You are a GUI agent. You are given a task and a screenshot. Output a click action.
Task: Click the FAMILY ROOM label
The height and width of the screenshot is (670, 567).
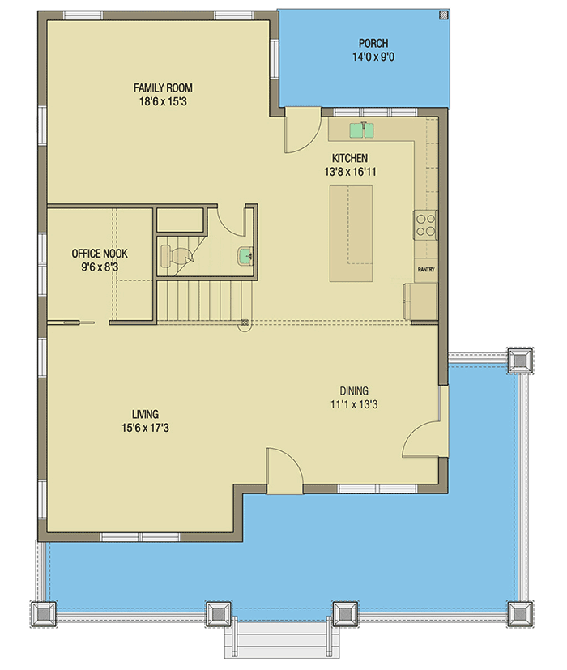163,88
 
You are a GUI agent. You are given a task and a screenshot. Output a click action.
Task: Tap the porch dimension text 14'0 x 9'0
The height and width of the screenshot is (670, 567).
373,58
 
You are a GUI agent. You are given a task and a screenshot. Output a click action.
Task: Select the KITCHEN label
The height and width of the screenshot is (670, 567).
349,158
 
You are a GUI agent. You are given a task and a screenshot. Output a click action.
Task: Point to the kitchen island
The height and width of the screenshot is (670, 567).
351,233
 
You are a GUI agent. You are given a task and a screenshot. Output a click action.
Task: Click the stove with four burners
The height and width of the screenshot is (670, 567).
425,224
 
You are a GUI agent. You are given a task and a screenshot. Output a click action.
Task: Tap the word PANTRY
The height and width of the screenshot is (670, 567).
426,269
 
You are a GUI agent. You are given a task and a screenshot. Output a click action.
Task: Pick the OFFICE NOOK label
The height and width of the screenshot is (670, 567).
100,254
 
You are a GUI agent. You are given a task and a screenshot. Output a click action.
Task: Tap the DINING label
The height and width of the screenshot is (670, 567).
355,390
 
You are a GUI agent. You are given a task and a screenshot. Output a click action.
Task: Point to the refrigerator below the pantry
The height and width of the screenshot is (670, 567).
420,301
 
